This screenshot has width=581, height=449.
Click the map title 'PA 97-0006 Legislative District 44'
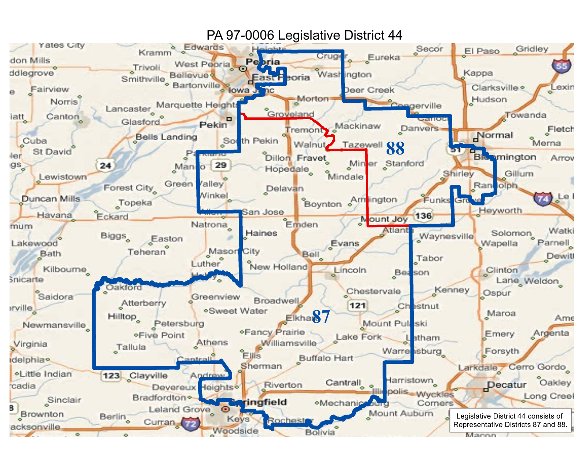pyautogui.click(x=304, y=35)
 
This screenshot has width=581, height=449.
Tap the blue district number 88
pyautogui.click(x=395, y=149)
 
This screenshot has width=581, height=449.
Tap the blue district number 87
pyautogui.click(x=321, y=317)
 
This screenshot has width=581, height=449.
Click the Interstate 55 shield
pyautogui.click(x=561, y=66)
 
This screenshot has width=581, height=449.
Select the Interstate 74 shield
pyautogui.click(x=543, y=199)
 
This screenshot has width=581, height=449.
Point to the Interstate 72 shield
pyautogui.click(x=191, y=424)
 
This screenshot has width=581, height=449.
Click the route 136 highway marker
pyautogui.click(x=423, y=216)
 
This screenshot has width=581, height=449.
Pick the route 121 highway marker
pyautogui.click(x=357, y=306)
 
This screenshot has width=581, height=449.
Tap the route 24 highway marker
pyautogui.click(x=105, y=165)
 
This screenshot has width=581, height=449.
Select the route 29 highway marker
pyautogui.click(x=220, y=165)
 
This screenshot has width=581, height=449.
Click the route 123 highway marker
pyautogui.click(x=111, y=376)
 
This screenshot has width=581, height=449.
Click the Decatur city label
pyautogui.click(x=507, y=385)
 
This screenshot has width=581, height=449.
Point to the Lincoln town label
pyautogui.click(x=350, y=270)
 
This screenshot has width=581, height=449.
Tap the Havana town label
pyautogui.click(x=54, y=215)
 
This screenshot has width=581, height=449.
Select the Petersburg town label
pyautogui.click(x=179, y=324)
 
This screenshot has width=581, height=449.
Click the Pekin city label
pyautogui.click(x=213, y=125)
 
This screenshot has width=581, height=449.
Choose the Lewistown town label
pyautogui.click(x=63, y=177)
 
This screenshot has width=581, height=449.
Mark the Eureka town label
pyautogui.click(x=384, y=57)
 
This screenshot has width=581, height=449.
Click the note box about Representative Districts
pyautogui.click(x=510, y=420)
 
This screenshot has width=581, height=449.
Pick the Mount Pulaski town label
pyautogui.click(x=395, y=324)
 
